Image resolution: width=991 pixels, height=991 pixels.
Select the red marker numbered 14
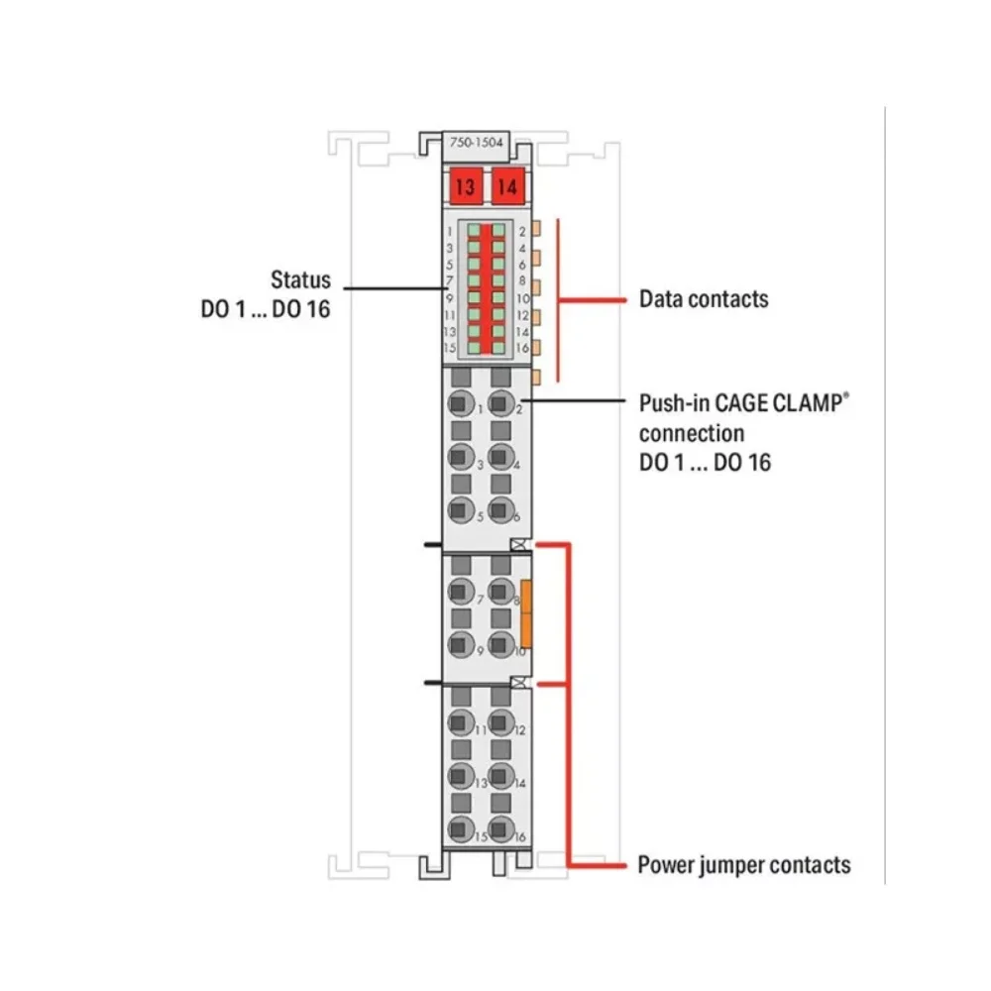coord(507,185)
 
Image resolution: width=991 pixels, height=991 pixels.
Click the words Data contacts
coord(704,298)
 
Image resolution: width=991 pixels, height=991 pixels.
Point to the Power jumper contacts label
coord(744,865)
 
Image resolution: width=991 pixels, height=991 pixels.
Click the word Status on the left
coord(301,280)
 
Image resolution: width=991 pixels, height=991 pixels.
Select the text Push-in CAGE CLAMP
coord(744,405)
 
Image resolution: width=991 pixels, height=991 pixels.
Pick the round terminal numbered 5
coord(459,511)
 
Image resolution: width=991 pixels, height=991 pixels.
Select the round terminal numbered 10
coord(500,646)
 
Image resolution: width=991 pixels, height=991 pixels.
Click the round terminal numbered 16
coord(500,830)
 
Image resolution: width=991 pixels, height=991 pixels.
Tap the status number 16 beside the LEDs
coord(522,348)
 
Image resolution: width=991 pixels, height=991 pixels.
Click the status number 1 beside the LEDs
coord(451,231)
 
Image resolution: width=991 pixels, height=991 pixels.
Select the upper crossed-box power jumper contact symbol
coord(519,545)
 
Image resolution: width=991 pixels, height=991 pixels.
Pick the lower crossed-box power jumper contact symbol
coord(519,683)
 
